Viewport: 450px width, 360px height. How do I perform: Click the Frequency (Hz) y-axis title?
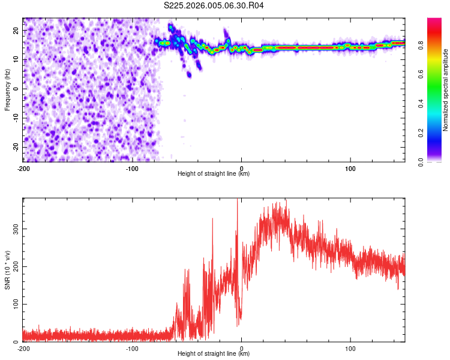[7, 90]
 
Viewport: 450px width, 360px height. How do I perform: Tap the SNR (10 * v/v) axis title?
[7, 270]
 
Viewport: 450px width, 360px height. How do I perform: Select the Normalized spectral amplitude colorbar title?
[446, 90]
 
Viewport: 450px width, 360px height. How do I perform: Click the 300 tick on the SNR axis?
[14, 229]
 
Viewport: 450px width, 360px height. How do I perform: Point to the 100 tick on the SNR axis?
[14, 304]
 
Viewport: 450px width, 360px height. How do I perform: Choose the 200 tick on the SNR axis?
[14, 266]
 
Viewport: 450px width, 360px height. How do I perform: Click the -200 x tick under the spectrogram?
[23, 167]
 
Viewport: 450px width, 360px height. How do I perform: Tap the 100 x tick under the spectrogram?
[350, 167]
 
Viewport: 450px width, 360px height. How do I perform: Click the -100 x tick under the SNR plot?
[132, 347]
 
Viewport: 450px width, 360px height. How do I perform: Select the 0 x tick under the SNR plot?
[241, 347]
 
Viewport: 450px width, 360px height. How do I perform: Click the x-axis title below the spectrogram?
[214, 174]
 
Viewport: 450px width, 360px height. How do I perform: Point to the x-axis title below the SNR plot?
[214, 354]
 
